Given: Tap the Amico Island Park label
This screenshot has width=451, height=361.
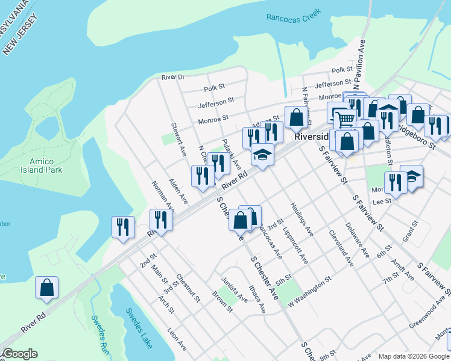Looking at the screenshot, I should pos(46,166).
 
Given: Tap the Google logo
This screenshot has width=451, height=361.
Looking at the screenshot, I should pos(19,354).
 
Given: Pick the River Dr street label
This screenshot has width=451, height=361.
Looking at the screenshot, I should pos(172,77).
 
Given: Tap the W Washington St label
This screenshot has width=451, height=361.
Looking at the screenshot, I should pos(310,285).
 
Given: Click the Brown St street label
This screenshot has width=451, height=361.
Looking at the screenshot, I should pos(222,302).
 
